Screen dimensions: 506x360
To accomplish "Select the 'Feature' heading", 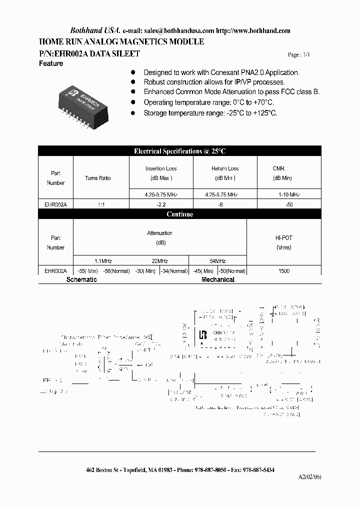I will (x=51, y=63).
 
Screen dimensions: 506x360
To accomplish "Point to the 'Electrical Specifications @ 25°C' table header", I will (x=179, y=151).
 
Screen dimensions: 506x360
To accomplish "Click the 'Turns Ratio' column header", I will (x=98, y=178).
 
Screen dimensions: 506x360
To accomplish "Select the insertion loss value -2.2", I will (x=161, y=204).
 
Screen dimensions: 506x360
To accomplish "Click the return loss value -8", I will (x=225, y=204).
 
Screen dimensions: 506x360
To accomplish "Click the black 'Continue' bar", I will (x=179, y=214).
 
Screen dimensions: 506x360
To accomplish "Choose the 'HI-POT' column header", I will (x=283, y=238).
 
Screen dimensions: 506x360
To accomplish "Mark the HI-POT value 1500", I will (x=283, y=271).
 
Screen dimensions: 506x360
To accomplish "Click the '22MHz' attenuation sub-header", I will (x=159, y=261).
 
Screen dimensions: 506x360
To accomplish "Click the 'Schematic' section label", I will (x=81, y=279).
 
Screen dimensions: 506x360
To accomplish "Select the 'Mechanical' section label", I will (x=218, y=279).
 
